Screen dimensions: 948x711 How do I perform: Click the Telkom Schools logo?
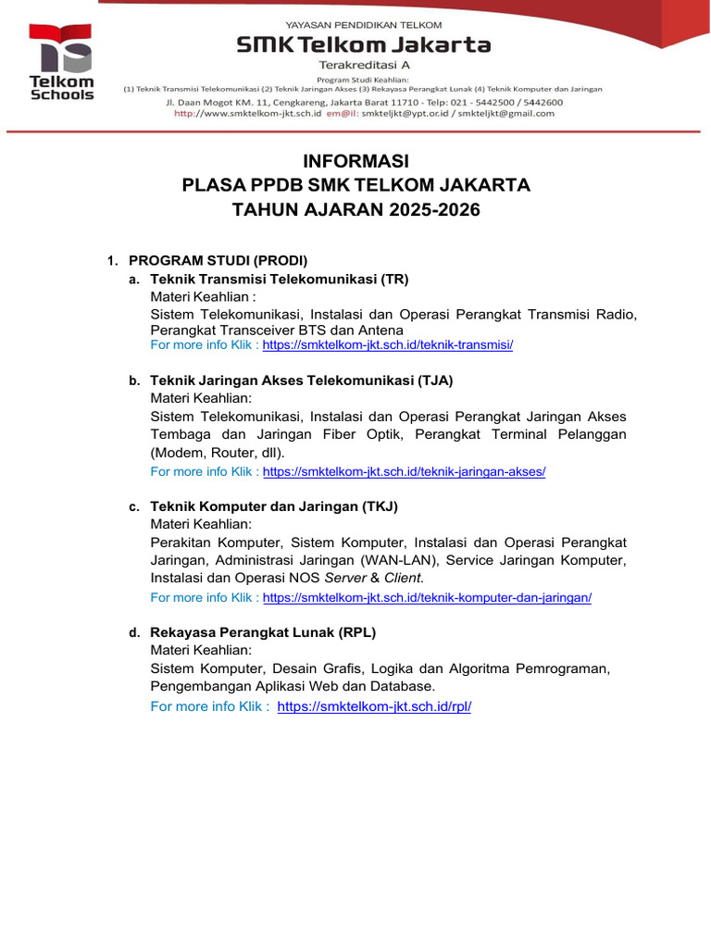[61, 61]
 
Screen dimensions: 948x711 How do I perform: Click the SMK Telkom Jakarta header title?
[363, 44]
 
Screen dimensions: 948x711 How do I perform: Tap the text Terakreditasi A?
[364, 66]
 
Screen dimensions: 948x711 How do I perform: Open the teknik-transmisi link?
[387, 345]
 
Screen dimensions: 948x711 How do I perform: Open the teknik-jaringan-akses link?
[404, 471]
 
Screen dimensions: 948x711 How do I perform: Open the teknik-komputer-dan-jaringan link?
[427, 598]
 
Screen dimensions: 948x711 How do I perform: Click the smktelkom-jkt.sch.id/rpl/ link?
[374, 706]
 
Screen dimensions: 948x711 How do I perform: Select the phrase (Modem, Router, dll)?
[218, 453]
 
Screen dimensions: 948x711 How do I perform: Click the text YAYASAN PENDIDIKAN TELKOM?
[363, 25]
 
